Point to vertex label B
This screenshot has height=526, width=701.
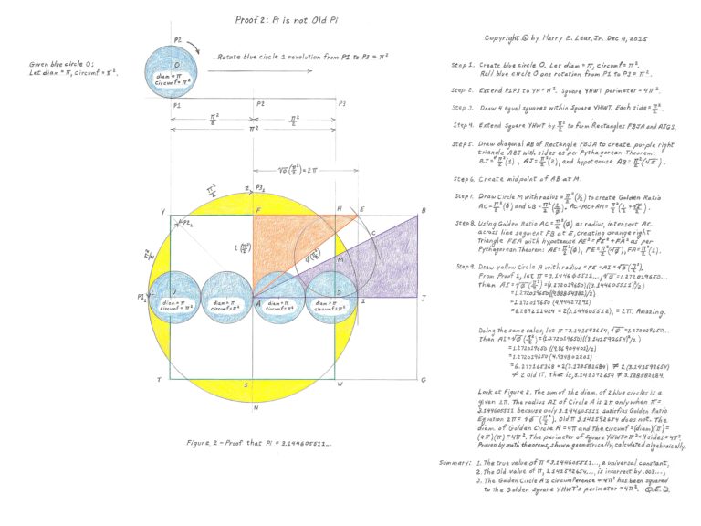coord(423,212)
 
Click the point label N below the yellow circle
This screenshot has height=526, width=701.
coord(255,407)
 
